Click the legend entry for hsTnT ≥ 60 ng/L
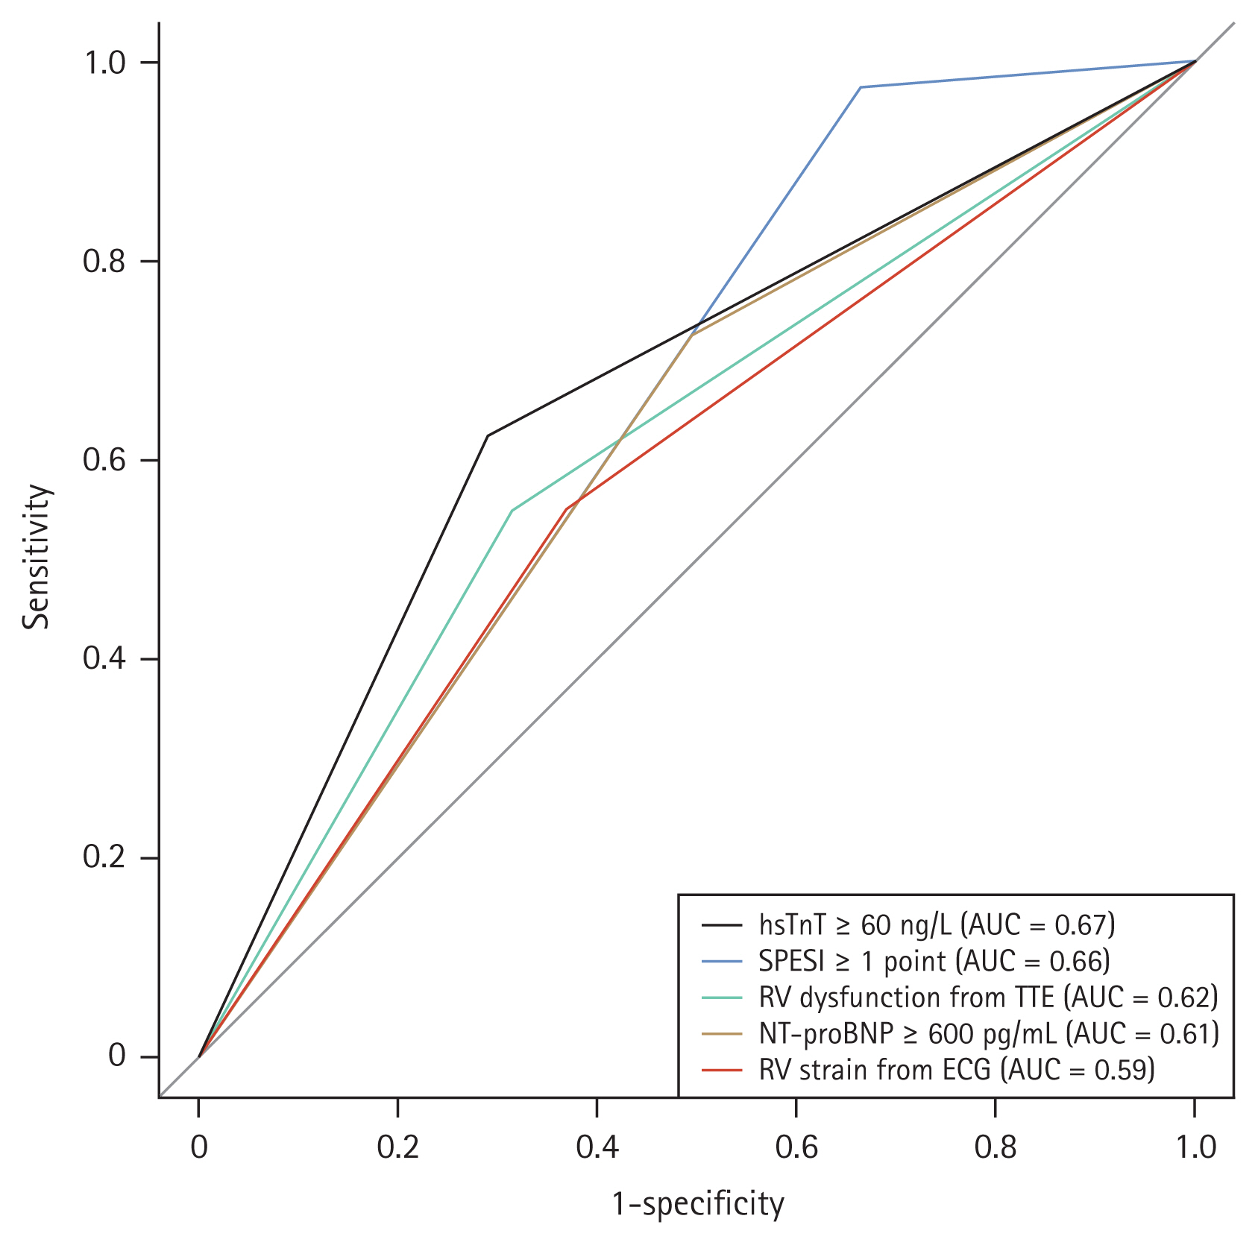tap(937, 925)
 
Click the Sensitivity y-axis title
tap(36, 557)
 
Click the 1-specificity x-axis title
tap(698, 1204)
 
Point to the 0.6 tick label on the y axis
tap(104, 461)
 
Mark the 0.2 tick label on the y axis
tap(104, 858)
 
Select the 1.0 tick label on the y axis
tap(104, 63)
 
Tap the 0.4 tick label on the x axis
tap(597, 1147)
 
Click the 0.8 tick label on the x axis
tap(996, 1147)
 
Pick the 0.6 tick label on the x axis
tap(796, 1147)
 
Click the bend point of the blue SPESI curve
tap(861, 87)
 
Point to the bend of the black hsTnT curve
tap(488, 435)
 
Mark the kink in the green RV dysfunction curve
tap(512, 511)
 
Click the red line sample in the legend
tap(722, 1070)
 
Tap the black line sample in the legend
tap(722, 925)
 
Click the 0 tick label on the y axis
tap(116, 1056)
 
